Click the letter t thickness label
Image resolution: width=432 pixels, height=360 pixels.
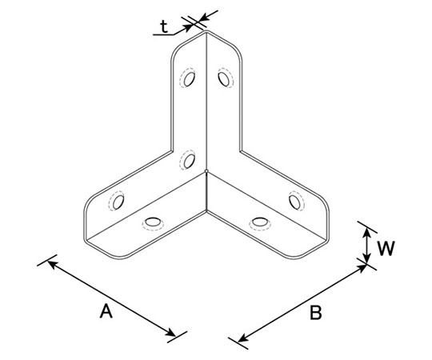pyautogui.click(x=164, y=27)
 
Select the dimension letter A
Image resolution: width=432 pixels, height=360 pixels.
pyautogui.click(x=106, y=311)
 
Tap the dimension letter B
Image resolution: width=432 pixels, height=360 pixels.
pyautogui.click(x=316, y=313)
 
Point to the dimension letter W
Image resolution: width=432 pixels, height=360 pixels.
pyautogui.click(x=386, y=248)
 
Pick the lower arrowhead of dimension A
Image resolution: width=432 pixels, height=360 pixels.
pyautogui.click(x=171, y=333)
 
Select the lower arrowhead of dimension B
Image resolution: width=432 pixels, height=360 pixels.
pyautogui.click(x=243, y=338)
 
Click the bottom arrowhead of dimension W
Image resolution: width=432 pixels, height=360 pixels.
pyautogui.click(x=366, y=258)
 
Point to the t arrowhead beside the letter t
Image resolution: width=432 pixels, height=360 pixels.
pyautogui.click(x=189, y=27)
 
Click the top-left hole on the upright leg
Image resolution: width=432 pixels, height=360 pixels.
pyautogui.click(x=189, y=78)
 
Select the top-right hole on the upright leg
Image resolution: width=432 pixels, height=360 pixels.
pyautogui.click(x=224, y=79)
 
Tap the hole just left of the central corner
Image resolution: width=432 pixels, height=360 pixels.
pyautogui.click(x=189, y=161)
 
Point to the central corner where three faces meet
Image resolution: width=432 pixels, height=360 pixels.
pyautogui.click(x=206, y=171)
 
